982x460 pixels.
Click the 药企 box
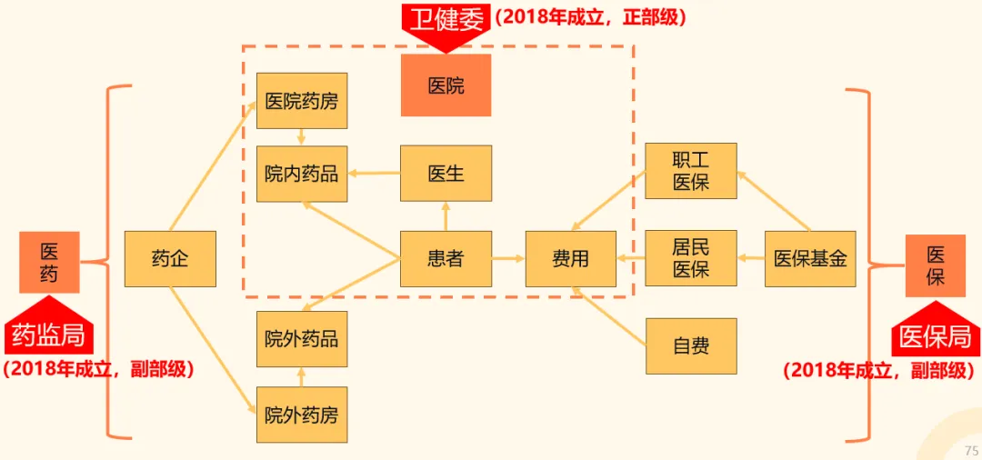click(170, 259)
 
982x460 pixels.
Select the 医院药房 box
click(301, 100)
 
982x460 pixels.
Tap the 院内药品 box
click(301, 174)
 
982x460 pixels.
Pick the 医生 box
click(446, 173)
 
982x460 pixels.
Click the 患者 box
click(446, 259)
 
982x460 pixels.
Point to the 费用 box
click(570, 259)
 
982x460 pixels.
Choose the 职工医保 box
click(691, 171)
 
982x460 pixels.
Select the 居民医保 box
click(691, 258)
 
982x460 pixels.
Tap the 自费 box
click(691, 345)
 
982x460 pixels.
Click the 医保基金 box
click(810, 259)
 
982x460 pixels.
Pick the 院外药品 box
click(301, 339)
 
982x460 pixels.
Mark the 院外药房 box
click(301, 415)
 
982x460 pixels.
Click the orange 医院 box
click(446, 85)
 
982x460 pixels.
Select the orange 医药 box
click(49, 262)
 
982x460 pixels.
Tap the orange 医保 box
click(935, 265)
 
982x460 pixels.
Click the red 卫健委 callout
click(446, 20)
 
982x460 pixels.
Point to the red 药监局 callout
click(49, 335)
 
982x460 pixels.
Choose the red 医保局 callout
click(935, 337)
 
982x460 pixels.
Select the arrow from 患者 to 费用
click(508, 259)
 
